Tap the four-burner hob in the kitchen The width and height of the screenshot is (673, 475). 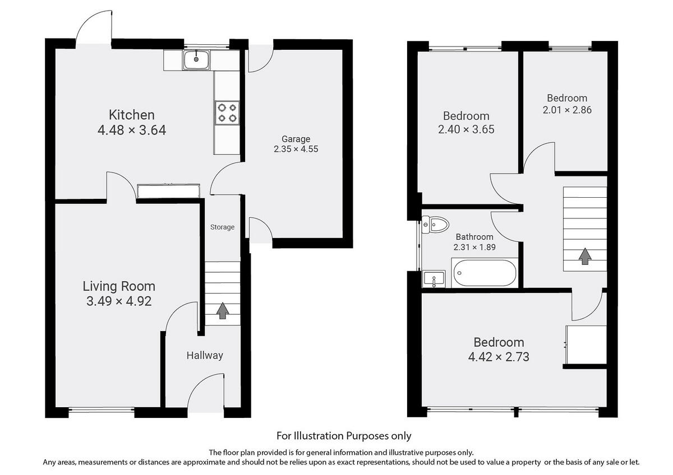[227, 112]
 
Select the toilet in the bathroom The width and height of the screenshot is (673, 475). [436, 225]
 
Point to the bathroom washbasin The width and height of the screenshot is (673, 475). [432, 278]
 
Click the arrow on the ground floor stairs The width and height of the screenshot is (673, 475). [222, 310]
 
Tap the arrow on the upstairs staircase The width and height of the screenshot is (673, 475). [585, 256]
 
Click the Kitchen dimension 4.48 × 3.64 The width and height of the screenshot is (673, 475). [131, 131]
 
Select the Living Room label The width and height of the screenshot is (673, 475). [119, 286]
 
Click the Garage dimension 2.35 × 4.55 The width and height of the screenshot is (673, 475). [296, 150]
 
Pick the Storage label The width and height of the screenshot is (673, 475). [222, 227]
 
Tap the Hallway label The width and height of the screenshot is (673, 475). [205, 355]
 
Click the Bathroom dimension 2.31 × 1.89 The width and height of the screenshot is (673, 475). [474, 247]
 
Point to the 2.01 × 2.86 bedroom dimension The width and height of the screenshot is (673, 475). [566, 110]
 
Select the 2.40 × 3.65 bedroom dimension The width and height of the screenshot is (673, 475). [465, 129]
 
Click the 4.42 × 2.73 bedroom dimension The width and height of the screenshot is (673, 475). [499, 356]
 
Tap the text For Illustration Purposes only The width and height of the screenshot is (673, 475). [344, 435]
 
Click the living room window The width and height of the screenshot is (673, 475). [102, 411]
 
